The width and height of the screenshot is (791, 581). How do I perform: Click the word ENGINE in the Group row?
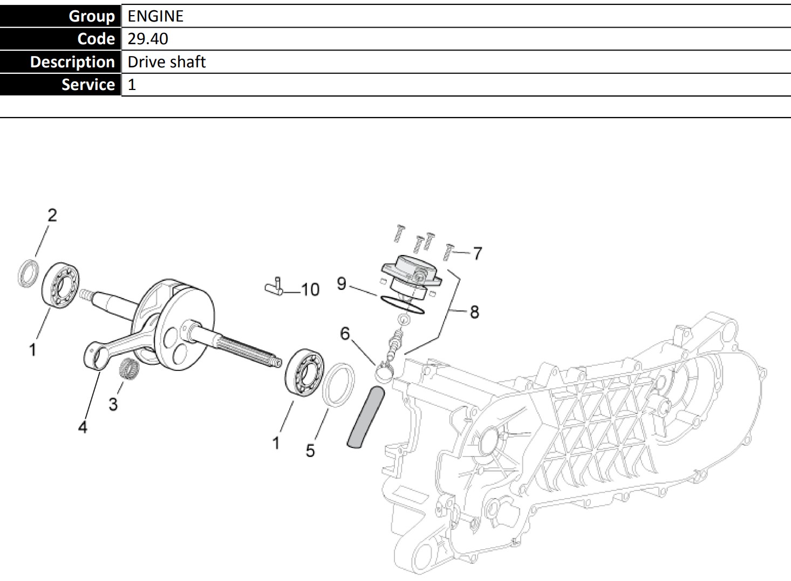[155, 16]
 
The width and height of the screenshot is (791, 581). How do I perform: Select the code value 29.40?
[148, 39]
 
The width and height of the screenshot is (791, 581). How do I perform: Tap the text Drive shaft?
[167, 62]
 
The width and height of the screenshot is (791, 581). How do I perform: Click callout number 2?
[52, 216]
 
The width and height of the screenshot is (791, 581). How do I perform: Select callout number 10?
[310, 290]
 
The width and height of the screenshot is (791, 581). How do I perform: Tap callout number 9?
[341, 283]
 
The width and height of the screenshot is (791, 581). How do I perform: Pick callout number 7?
[477, 253]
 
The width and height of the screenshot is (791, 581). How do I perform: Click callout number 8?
[474, 312]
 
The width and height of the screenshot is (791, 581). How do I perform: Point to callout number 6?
[345, 334]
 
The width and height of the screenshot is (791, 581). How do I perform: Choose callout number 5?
[310, 451]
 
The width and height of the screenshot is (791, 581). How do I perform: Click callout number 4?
[83, 427]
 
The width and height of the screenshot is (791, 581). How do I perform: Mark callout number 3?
[113, 404]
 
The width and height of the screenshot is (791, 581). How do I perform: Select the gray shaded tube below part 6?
[366, 418]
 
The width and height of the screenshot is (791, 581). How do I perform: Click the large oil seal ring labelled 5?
[338, 384]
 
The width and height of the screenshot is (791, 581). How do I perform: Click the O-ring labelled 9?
[401, 305]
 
